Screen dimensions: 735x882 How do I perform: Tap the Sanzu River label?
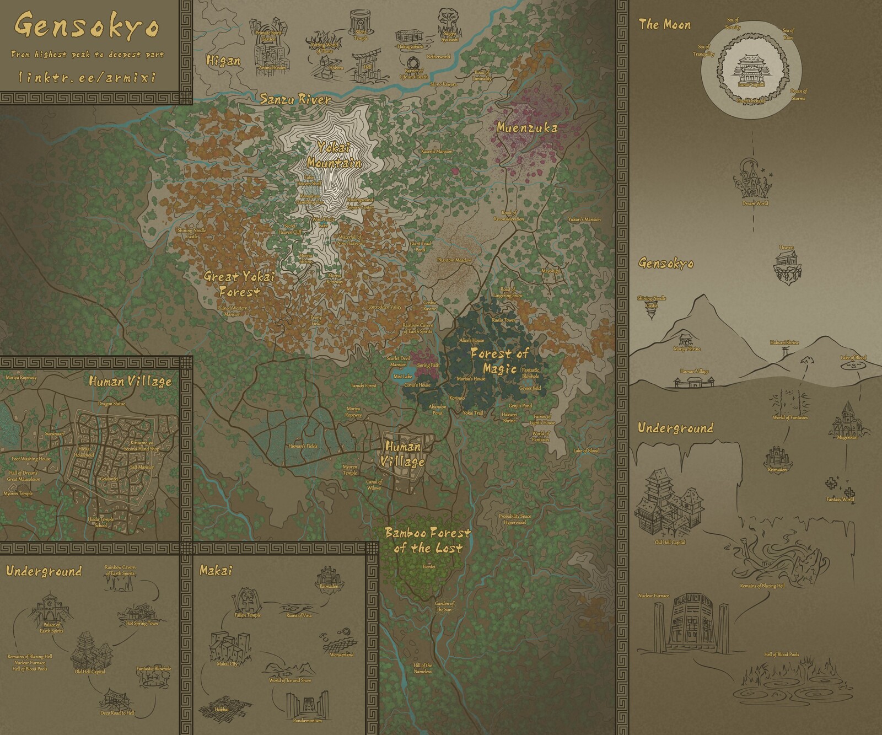[x=295, y=100]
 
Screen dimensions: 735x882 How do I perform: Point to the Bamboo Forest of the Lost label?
[x=428, y=540]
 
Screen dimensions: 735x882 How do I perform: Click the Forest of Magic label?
[x=499, y=361]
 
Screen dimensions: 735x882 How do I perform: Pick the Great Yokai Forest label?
[x=239, y=283]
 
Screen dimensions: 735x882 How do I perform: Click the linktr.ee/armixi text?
[x=87, y=77]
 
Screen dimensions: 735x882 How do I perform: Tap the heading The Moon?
[x=664, y=24]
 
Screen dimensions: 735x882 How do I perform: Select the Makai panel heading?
[x=216, y=571]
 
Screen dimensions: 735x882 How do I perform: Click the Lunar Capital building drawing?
[x=751, y=69]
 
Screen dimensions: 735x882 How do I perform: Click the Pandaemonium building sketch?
[x=308, y=702]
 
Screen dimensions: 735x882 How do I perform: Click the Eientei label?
[x=429, y=566]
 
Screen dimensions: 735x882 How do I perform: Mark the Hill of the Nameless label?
[x=423, y=668]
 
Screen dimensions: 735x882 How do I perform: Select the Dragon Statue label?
[x=112, y=404]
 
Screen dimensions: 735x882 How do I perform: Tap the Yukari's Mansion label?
[x=584, y=219]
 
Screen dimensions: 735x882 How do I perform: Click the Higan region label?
[x=223, y=61]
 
